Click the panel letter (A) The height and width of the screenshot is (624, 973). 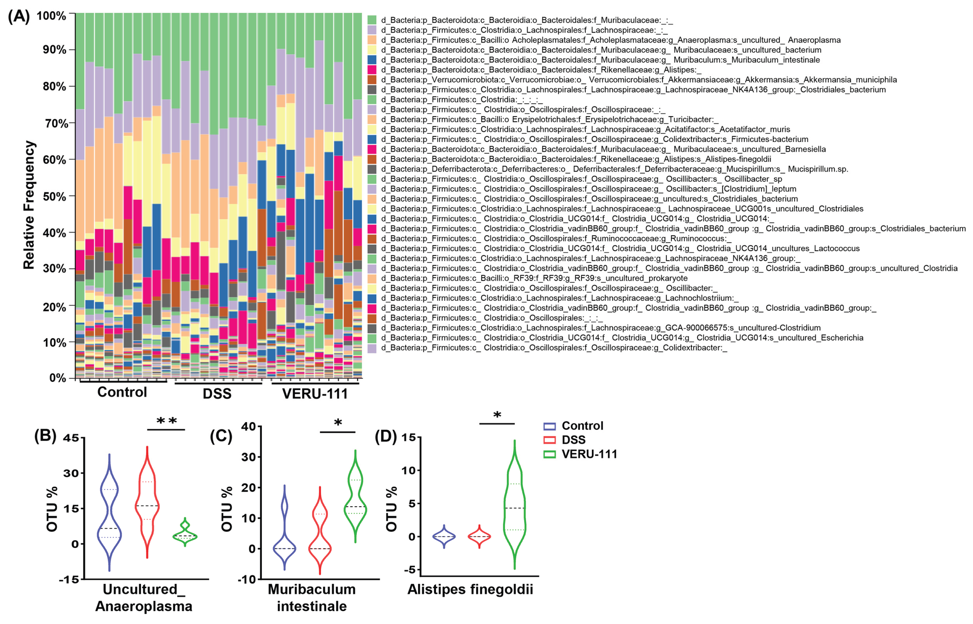[x=19, y=17]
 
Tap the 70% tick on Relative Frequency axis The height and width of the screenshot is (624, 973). [x=56, y=123]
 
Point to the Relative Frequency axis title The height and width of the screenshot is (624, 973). [x=29, y=205]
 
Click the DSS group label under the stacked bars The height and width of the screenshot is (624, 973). [x=217, y=393]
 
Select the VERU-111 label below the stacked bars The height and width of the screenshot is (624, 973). [x=314, y=393]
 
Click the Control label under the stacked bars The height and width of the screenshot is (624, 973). [x=122, y=392]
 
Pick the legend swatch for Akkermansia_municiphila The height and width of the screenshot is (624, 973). [x=372, y=80]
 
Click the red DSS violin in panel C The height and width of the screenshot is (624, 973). [x=320, y=527]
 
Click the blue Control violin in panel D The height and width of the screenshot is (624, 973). [x=444, y=536]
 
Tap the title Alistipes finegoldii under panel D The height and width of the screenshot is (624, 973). [x=470, y=589]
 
